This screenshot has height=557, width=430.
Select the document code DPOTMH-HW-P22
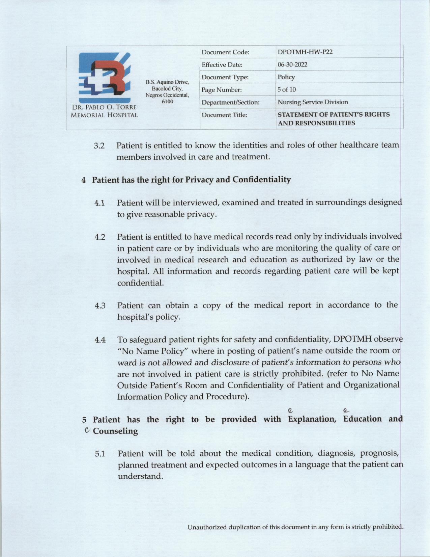click(x=305, y=52)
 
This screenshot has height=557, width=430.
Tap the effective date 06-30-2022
click(x=292, y=64)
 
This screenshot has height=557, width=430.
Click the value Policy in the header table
click(x=286, y=77)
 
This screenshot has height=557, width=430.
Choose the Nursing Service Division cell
click(x=313, y=102)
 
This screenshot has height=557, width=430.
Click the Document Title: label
click(x=224, y=115)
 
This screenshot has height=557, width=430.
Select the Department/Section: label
click(x=230, y=102)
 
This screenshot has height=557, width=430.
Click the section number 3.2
click(x=99, y=146)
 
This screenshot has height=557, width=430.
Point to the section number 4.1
click(x=99, y=203)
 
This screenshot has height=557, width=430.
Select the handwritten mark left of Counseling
click(x=87, y=430)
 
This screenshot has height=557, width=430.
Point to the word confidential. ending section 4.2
click(x=141, y=283)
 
